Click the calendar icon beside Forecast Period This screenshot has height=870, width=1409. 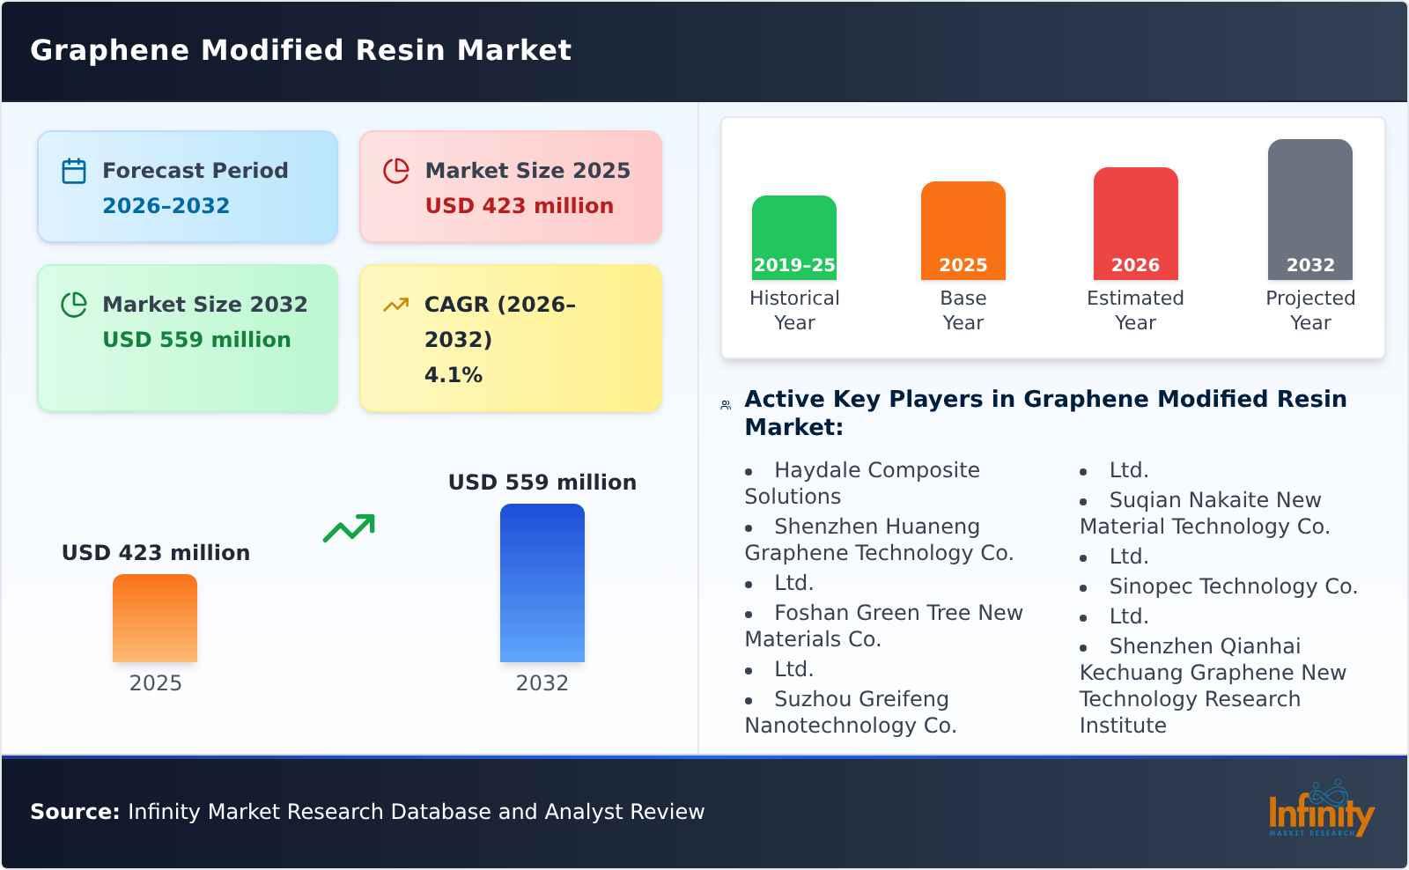(x=74, y=171)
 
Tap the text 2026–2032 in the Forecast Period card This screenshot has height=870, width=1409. (x=166, y=206)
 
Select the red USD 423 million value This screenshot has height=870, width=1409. (x=519, y=206)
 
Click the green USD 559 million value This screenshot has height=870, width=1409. (x=196, y=340)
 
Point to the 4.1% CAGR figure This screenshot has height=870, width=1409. (x=453, y=375)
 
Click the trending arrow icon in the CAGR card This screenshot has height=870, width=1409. (x=395, y=305)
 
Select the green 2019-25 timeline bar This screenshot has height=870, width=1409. (x=793, y=238)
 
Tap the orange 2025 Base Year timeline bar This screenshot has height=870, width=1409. (x=963, y=231)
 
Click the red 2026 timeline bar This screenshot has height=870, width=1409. (x=1135, y=224)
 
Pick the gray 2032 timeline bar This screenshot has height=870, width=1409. (x=1309, y=210)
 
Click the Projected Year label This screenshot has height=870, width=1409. (x=1309, y=310)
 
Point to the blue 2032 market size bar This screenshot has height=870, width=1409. (x=542, y=583)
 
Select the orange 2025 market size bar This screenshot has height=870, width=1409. (x=155, y=618)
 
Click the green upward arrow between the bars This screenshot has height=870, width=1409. (x=349, y=528)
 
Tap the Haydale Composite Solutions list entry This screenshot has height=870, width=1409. (x=861, y=483)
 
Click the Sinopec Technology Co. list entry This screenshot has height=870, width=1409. (x=1232, y=586)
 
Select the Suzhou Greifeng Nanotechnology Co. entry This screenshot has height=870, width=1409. (x=850, y=711)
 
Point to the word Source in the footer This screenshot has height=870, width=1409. (x=74, y=812)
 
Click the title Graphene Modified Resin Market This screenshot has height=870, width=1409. (x=300, y=50)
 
